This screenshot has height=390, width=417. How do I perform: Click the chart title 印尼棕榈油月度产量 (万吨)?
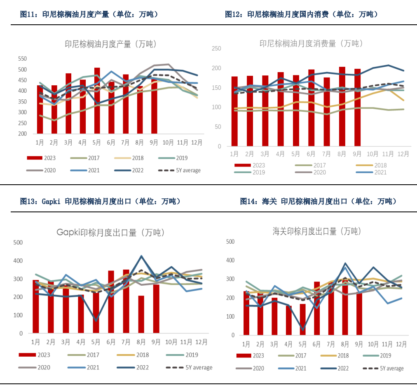pos(110,44)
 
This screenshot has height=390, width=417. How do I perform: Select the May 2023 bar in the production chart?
pos(97,101)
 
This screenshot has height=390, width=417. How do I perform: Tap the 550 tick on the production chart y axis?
pos(22,59)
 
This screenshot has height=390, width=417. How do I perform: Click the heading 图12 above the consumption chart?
pos(301,14)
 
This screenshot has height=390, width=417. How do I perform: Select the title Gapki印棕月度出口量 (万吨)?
pos(110,233)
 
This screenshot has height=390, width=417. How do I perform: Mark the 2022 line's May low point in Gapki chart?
pos(96,320)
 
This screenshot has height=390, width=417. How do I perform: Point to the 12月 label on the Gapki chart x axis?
pos(201,342)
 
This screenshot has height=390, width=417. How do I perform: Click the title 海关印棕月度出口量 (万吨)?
pos(316,231)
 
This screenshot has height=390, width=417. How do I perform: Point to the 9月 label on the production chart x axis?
pos(154,143)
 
